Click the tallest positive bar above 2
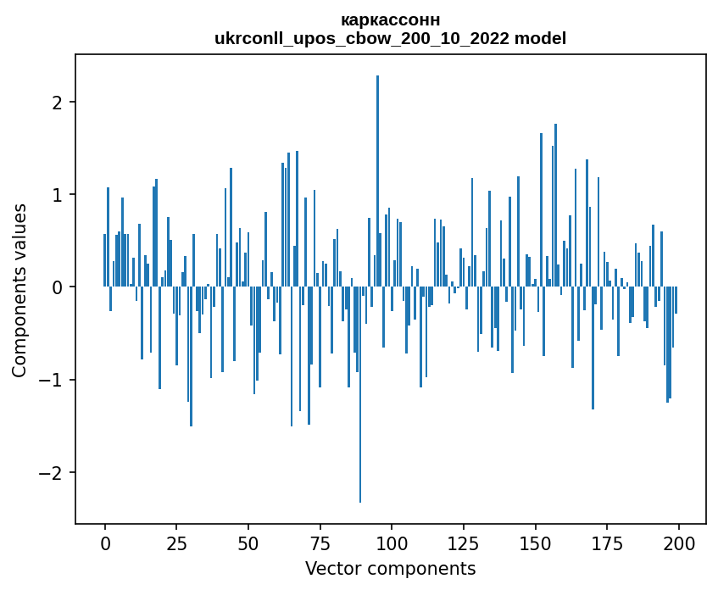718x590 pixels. (378, 181)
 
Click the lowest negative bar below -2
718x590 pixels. (360, 394)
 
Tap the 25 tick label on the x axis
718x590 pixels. (177, 543)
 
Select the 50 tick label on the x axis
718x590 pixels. (248, 543)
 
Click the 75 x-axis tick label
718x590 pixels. (320, 543)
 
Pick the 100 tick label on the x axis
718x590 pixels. (392, 543)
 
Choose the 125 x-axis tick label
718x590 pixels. (464, 543)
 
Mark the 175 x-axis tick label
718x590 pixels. (607, 543)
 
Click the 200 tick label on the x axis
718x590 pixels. (679, 543)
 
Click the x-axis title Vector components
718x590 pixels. (391, 569)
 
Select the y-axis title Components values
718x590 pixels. (19, 291)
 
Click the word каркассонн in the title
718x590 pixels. (391, 20)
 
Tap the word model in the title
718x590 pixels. (540, 38)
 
